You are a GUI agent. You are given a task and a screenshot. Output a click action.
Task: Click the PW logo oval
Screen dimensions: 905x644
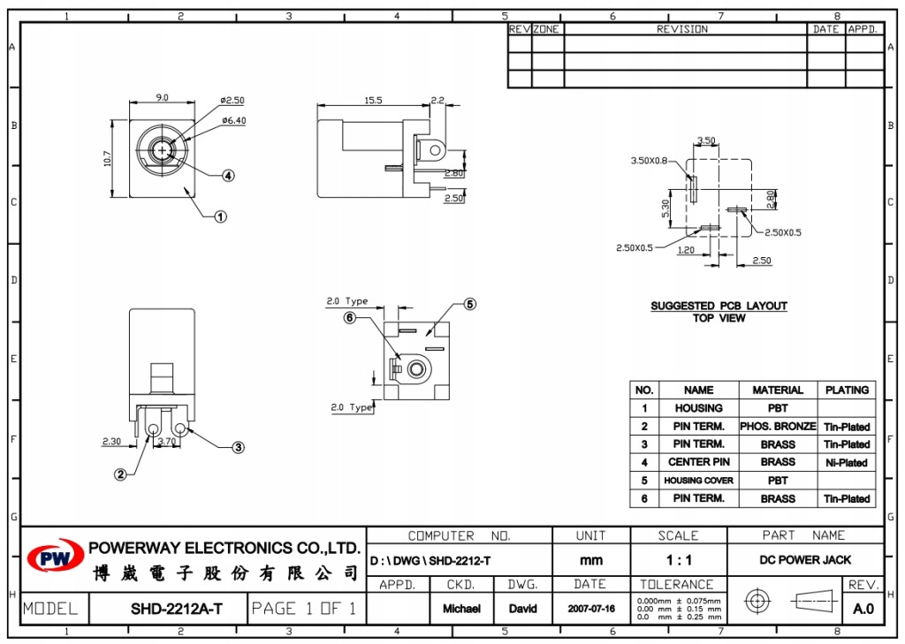coord(56,557)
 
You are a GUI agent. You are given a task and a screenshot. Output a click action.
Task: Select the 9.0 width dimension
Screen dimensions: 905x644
coord(163,97)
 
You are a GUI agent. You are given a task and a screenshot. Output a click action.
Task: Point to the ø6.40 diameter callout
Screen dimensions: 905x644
coord(233,121)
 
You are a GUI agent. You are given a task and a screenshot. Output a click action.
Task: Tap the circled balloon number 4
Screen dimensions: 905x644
coord(229,176)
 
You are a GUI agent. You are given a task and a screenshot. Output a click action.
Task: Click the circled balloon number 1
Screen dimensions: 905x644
coord(220,217)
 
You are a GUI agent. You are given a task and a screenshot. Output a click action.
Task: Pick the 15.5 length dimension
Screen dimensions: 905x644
coord(373,101)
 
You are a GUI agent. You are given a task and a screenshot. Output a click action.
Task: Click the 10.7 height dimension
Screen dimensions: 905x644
coord(107,159)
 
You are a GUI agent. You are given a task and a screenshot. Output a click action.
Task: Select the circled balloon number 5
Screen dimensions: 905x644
coord(470,304)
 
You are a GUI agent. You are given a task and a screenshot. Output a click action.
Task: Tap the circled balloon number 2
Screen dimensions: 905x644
coord(120,474)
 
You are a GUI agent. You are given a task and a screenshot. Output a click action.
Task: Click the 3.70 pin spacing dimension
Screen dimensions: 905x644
coord(167,442)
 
